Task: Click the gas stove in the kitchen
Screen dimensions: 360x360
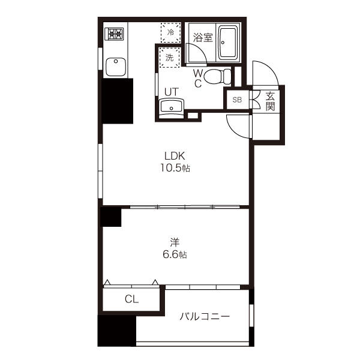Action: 114,34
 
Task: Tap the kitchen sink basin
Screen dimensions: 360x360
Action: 116,67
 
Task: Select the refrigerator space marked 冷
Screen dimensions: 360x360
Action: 170,32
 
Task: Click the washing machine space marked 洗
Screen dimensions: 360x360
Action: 169,57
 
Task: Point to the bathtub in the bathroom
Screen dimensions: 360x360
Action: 227,43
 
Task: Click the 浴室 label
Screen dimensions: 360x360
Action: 203,38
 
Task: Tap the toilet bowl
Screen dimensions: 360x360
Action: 217,76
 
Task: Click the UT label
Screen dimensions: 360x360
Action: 172,92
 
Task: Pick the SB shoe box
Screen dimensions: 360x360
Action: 238,100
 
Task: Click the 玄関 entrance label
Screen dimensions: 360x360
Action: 270,101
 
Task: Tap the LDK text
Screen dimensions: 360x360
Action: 175,156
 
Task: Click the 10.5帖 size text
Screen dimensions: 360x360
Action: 175,168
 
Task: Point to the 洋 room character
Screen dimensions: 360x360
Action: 175,242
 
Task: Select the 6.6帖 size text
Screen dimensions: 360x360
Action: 175,254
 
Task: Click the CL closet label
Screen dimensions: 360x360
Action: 131,299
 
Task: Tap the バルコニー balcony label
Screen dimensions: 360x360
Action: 205,317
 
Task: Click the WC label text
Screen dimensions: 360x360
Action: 197,79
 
